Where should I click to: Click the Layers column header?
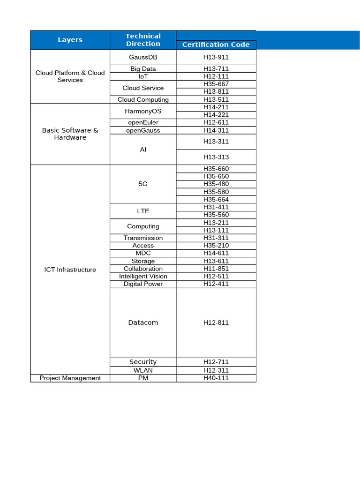point(70,40)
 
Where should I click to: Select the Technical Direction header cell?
point(143,40)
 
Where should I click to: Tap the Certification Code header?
point(216,45)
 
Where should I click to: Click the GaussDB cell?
point(143,57)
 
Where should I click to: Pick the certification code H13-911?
point(216,57)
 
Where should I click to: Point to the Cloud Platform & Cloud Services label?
point(70,76)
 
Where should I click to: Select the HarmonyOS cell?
point(143,111)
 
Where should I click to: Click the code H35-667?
point(216,84)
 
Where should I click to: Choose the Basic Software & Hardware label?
point(70,134)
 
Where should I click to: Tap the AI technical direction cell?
point(143,149)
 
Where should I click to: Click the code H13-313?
point(216,157)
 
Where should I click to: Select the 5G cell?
point(143,184)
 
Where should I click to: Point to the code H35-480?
point(216,184)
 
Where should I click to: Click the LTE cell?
point(143,211)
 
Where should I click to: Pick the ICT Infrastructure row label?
point(70,270)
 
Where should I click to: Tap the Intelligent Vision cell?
point(143,276)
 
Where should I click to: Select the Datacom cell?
point(143,322)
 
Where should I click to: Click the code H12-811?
point(216,322)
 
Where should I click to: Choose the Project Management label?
point(70,378)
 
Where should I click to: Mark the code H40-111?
point(216,378)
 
